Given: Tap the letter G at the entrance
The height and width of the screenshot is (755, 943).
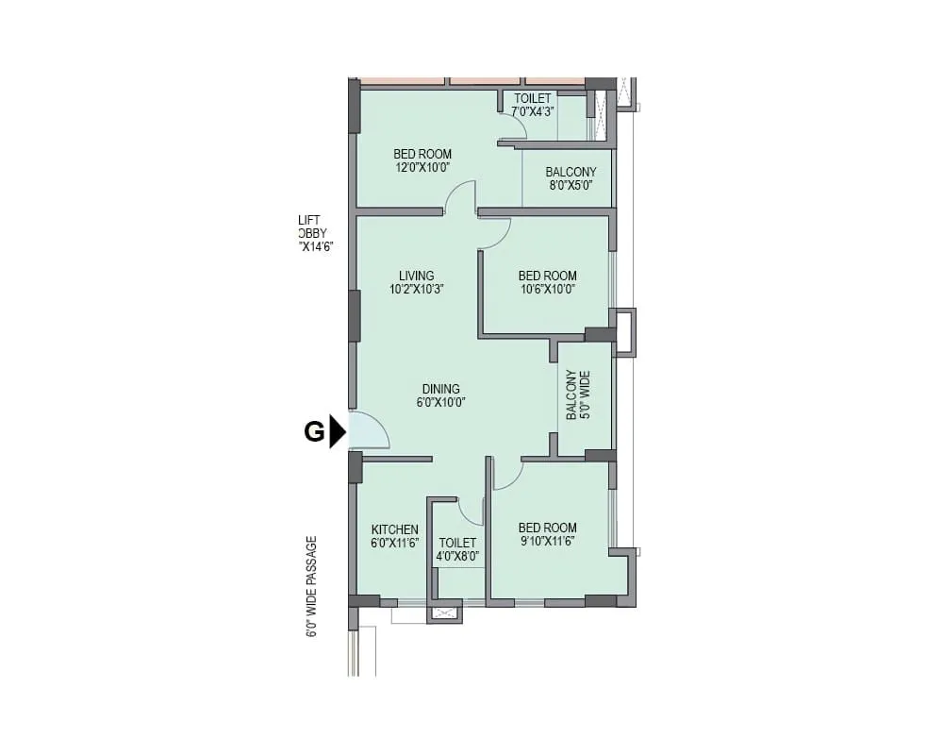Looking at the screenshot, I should pos(314,433).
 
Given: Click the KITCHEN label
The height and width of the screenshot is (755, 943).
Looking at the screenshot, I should pos(394,529).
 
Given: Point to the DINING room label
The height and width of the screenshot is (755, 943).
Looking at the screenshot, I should pos(441,389).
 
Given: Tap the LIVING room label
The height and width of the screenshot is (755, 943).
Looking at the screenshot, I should pos(416,277).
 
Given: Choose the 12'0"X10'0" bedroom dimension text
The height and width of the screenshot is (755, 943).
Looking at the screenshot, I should pos(422,167).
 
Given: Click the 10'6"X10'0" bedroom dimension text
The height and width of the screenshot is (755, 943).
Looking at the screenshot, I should pos(547,290).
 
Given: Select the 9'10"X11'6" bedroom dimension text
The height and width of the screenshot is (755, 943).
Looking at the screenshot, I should pos(547,541).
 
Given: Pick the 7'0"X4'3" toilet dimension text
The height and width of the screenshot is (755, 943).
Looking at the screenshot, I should pos(533,111).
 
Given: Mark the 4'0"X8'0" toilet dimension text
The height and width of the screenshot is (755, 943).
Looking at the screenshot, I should pos(457,557).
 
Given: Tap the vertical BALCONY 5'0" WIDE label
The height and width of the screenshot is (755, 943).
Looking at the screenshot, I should pos(577,394).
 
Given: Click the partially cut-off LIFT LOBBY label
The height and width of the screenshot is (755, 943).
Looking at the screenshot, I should pos(315,233).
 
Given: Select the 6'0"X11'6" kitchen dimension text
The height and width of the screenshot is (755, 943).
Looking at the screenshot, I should pos(394,543).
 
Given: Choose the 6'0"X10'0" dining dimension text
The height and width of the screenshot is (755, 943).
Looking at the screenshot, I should pos(441,402).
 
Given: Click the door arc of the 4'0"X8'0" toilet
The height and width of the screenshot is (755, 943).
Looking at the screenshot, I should pos(470,512).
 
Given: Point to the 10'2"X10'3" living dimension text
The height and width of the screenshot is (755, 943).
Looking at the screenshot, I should pos(416,290).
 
